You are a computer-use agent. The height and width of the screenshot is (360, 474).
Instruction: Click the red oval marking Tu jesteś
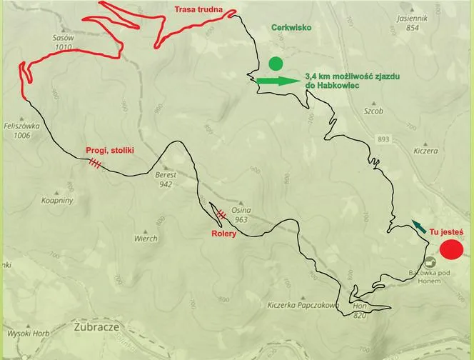coord(451,250)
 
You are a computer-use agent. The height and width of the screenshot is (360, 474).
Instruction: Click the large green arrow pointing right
coord(278,81)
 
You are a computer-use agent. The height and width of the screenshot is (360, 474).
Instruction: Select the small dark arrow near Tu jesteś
coord(418,226)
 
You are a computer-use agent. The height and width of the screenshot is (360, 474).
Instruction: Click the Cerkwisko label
coord(292,27)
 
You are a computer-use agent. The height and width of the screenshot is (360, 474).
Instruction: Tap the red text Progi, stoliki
coord(110,151)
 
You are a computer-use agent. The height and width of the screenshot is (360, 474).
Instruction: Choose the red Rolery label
coord(223,234)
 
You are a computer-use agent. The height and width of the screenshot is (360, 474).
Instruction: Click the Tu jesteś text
coord(446,231)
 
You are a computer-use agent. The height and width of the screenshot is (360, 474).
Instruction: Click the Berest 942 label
coord(166,179)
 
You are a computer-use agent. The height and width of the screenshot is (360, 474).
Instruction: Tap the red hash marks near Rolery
coord(222,213)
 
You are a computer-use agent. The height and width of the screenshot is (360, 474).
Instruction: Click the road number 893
coord(384,139)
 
